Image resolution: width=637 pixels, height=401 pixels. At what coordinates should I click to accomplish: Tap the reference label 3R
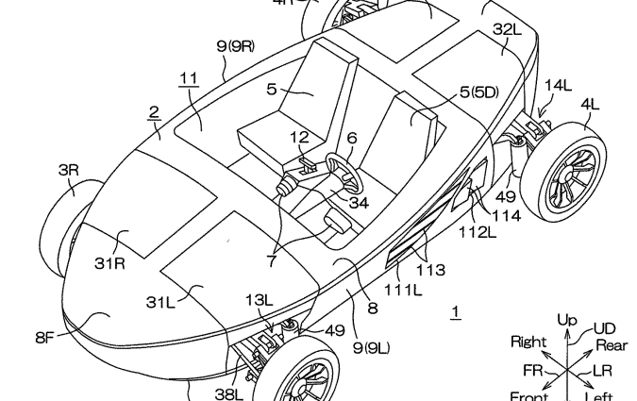click(x=70, y=170)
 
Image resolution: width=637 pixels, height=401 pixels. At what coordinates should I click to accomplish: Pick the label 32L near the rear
click(x=506, y=29)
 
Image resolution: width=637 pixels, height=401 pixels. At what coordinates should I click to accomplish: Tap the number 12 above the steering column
click(x=299, y=138)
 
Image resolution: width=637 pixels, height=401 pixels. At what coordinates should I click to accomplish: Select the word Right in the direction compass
click(x=528, y=341)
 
